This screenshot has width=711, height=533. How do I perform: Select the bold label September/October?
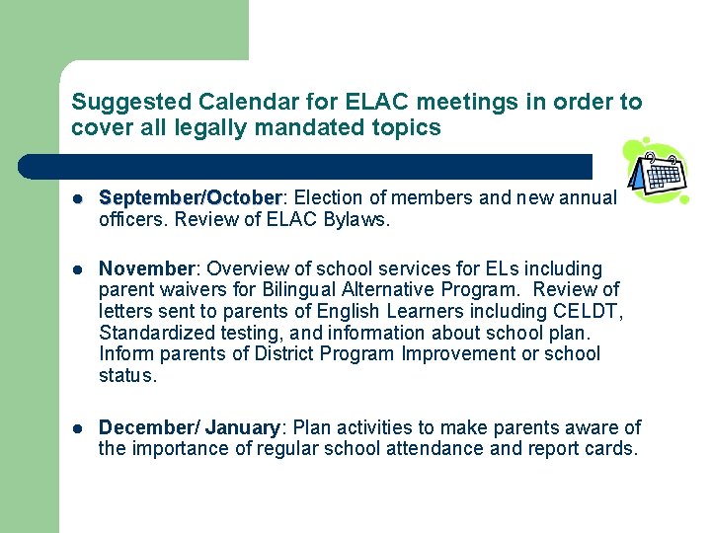(191, 197)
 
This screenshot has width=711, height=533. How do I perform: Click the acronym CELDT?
(590, 312)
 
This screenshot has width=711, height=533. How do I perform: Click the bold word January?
(242, 427)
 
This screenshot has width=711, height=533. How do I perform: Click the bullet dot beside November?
(78, 269)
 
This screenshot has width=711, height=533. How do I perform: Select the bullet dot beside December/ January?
(78, 428)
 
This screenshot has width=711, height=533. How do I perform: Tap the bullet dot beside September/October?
(78, 198)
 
